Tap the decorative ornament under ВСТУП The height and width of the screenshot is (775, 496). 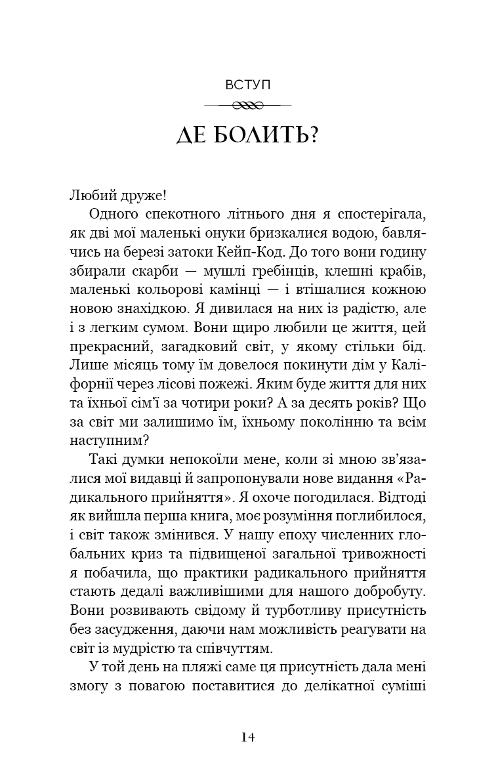click(x=248, y=105)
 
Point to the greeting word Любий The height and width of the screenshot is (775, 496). click(x=90, y=194)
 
